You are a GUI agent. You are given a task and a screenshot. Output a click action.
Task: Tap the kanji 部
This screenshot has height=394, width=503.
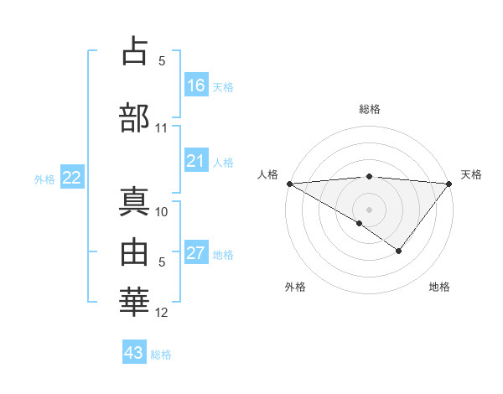(135, 117)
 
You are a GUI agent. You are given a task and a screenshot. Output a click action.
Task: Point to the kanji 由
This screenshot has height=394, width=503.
(135, 251)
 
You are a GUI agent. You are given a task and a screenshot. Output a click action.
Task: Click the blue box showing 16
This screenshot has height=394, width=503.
(196, 86)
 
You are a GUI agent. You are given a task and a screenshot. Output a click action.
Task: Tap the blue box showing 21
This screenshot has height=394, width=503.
(196, 161)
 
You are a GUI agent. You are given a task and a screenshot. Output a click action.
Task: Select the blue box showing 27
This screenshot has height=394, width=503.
(196, 253)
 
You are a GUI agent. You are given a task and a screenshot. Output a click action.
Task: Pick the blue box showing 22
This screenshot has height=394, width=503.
(72, 178)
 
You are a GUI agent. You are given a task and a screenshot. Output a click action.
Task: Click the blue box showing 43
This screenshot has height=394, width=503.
(134, 353)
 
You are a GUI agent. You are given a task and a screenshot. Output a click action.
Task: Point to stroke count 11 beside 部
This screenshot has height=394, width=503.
(162, 128)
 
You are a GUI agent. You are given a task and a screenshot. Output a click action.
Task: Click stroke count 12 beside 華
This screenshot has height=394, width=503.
(162, 313)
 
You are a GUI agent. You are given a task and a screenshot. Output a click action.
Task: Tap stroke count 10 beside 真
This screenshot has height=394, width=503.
(162, 212)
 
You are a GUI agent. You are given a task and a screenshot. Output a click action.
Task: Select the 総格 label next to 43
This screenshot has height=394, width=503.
(161, 355)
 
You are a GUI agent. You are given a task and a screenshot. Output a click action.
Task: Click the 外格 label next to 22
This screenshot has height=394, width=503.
(44, 179)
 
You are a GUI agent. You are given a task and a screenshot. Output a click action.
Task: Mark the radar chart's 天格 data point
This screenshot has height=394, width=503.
(449, 184)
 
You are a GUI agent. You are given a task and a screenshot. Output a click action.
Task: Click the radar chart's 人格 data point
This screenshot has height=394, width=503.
(289, 184)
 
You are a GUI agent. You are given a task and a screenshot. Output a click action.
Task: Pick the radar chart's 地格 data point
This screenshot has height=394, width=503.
(399, 251)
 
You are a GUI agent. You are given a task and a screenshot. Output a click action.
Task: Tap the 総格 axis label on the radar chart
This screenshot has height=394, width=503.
(370, 109)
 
